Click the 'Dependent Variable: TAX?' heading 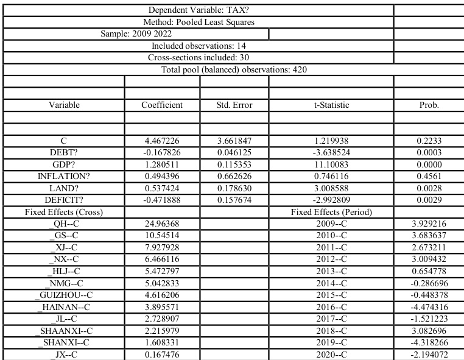coord(198,10)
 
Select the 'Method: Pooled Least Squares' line coord(198,22)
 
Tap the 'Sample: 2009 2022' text coord(136,34)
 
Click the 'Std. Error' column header coord(234,105)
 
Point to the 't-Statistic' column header coord(331,105)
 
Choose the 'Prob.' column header coord(429,105)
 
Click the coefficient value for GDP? coord(161,164)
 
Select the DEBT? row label coord(64,152)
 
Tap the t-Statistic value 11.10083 coord(331,164)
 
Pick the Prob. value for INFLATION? coord(429,176)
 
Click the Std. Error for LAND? coord(234,188)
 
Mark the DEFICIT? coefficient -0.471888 coord(161,199)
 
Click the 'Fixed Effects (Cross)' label coord(64,211)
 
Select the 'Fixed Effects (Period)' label coord(331,211)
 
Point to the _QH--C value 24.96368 coord(161,224)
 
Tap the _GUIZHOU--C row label coord(64,294)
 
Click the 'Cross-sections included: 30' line coord(198,57)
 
